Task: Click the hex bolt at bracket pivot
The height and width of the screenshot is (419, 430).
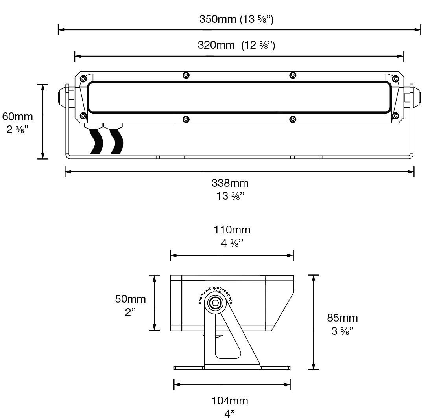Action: pos(215,302)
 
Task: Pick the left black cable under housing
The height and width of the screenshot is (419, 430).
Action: pos(96,141)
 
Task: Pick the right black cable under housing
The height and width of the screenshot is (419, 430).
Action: pos(117,141)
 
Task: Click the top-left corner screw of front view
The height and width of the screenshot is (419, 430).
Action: pos(83,79)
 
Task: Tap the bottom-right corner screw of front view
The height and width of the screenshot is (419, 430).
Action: pos(395,116)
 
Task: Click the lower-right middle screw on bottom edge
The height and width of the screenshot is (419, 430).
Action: pos(292,119)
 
